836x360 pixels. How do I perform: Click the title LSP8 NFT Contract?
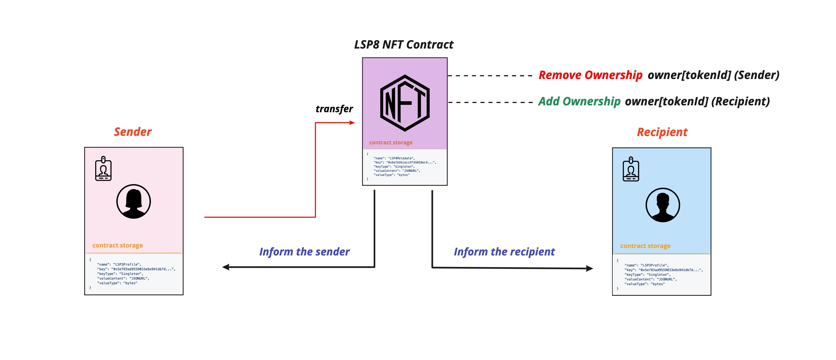[x=403, y=44]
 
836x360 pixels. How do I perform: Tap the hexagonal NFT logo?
[x=405, y=103]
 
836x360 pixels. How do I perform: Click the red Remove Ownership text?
[x=590, y=75]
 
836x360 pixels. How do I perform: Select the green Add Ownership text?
[x=579, y=101]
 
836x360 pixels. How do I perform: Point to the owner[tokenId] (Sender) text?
[x=713, y=75]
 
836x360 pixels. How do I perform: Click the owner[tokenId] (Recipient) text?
[x=697, y=101]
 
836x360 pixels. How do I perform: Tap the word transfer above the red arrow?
[x=334, y=109]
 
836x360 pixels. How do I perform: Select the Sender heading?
[x=133, y=132]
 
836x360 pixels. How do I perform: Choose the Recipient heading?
[x=662, y=132]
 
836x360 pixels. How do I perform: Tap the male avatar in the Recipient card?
[x=662, y=205]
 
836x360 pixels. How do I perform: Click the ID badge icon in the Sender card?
[x=103, y=168]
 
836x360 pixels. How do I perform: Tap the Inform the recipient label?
[x=504, y=252]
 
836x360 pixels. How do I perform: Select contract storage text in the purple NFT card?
[x=390, y=142]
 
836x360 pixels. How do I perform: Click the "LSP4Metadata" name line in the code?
[x=394, y=158]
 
